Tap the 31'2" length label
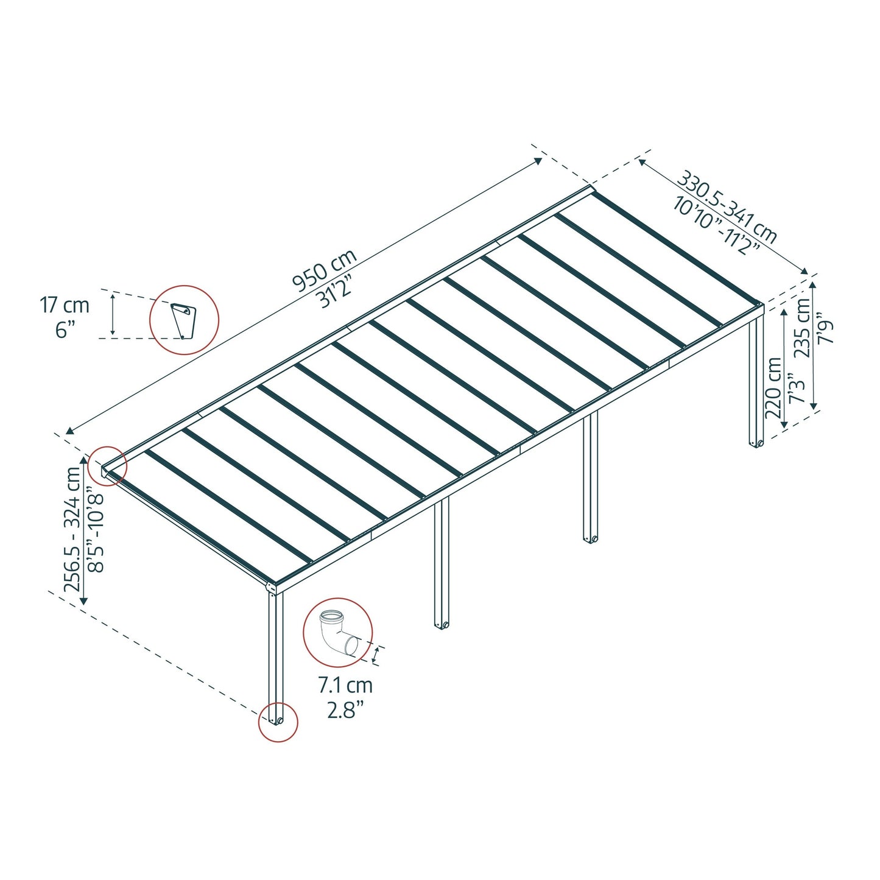337,292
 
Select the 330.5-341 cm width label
727,207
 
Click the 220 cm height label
774,387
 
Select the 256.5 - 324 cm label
73,529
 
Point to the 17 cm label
65,304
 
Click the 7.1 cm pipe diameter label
345,685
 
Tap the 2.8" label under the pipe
345,709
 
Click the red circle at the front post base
278,722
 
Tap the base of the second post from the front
441,625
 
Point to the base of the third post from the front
590,539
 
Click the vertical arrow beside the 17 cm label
113,314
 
